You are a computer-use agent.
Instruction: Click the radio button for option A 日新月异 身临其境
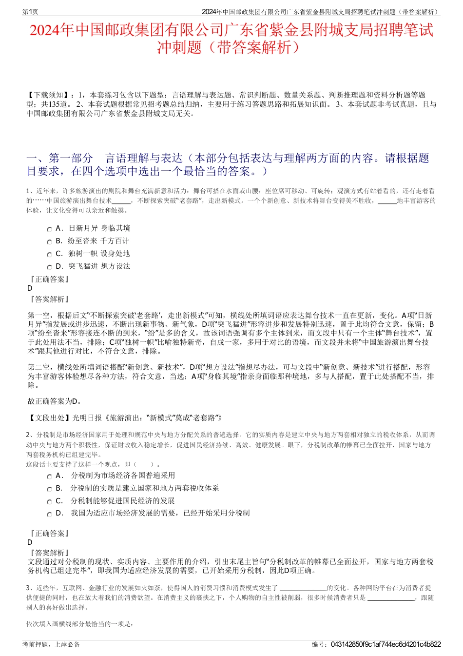[49, 229]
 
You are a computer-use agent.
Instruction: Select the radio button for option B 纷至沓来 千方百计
[49, 241]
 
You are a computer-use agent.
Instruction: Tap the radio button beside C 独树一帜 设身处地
[49, 254]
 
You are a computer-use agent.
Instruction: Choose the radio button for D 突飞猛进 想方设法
[49, 267]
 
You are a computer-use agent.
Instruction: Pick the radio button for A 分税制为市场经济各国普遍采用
[49, 476]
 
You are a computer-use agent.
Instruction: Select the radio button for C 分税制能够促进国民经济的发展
[49, 501]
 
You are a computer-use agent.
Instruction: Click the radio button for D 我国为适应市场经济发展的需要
[49, 514]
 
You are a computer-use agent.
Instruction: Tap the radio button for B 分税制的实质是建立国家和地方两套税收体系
[49, 489]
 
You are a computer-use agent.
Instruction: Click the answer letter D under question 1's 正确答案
[30, 288]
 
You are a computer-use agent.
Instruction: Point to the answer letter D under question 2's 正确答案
[30, 542]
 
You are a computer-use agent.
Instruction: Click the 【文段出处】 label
[49, 417]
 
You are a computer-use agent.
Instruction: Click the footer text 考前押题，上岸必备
[51, 644]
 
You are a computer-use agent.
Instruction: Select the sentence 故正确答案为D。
[55, 401]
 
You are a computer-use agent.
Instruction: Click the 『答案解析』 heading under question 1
[49, 299]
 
